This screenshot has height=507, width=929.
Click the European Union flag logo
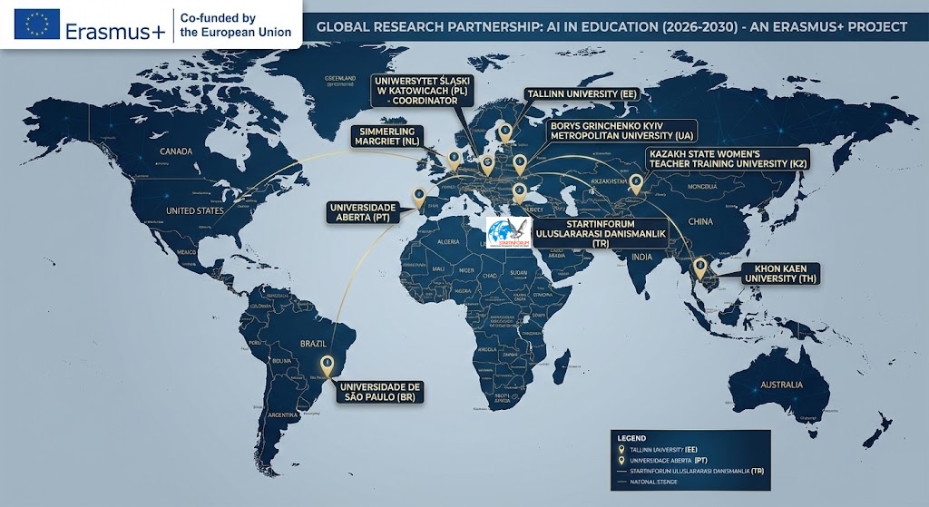pos(37,24)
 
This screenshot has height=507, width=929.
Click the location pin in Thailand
pos(699,267)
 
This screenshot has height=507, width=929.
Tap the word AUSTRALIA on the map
pos(781,385)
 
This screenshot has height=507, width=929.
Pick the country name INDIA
pos(641,257)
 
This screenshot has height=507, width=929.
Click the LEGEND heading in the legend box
pos(631,437)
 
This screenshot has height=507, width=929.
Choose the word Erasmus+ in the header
pos(115,32)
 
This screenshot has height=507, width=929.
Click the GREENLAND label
pos(340,78)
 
